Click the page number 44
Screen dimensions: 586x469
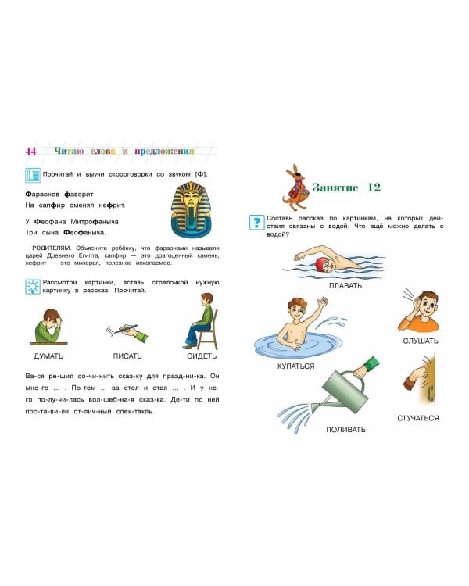pos(30,151)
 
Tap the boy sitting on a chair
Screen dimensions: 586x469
pos(199,320)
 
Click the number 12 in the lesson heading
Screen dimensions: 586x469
pos(372,188)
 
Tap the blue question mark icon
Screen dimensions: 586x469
pos(256,222)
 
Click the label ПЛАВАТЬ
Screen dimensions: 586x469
pos(345,285)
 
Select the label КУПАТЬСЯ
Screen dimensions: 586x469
pos(295,366)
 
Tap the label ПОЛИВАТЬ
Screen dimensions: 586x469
pos(345,429)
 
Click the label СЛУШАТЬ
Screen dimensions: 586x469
pos(421,340)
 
